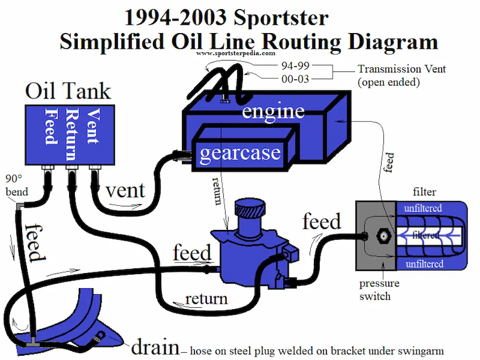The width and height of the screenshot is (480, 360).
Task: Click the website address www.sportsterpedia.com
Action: point(236,54)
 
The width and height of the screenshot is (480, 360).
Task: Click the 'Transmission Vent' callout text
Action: point(402,69)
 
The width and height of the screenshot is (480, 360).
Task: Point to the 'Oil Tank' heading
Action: point(68,91)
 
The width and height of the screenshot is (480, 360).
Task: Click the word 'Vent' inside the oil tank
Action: point(92,126)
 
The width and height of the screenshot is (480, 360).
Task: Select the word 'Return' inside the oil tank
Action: point(71,134)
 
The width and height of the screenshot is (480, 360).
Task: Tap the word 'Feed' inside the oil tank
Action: point(50,126)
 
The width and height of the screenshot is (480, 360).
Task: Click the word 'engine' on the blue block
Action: point(273,111)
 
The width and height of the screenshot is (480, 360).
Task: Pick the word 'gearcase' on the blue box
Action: point(240,153)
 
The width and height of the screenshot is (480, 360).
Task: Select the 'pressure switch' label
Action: point(379,289)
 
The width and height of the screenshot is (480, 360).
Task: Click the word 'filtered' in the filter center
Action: point(425,235)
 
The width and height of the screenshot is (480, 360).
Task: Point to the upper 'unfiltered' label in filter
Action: point(422,208)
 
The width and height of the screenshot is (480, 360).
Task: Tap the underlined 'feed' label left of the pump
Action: point(192,253)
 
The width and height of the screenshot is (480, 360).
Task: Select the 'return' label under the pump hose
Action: point(206,299)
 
